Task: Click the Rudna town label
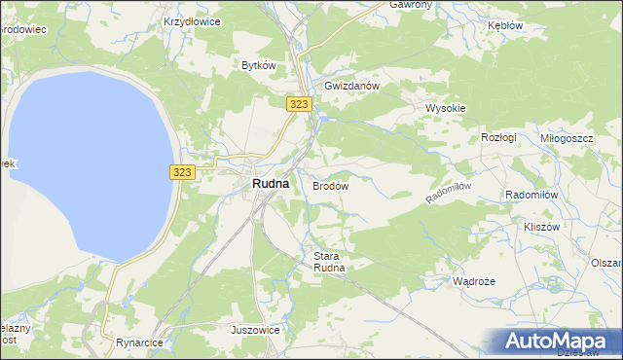[269, 183]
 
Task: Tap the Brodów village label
[330, 185]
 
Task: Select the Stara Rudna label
[329, 262]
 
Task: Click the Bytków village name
[260, 65]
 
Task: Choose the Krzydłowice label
[192, 20]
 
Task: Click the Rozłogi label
[498, 138]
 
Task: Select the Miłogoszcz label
[567, 138]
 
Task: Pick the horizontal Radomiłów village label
[531, 195]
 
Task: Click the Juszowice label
[256, 330]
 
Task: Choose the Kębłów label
[504, 25]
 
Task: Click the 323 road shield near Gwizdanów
[299, 103]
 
